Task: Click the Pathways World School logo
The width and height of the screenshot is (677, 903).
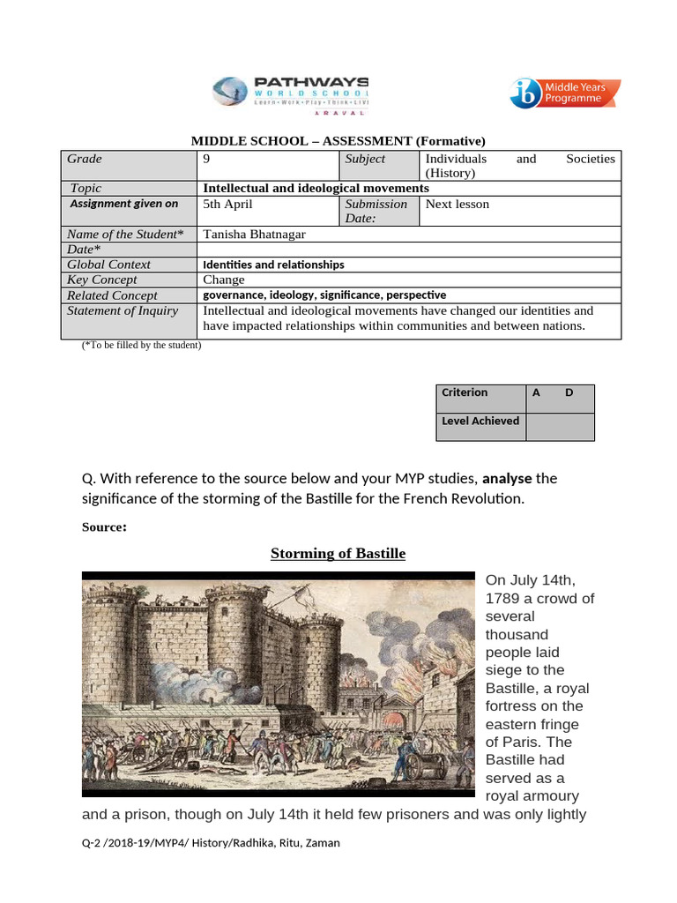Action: coord(291,93)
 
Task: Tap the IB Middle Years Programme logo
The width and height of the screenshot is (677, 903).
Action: coord(564,93)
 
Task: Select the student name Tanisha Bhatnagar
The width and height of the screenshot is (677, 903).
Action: coord(255,234)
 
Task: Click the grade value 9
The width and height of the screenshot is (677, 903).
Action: coord(207,159)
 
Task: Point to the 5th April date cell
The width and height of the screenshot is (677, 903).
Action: coord(227,204)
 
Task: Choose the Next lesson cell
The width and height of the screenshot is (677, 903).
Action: coord(457,204)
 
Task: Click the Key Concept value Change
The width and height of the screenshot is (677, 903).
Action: coord(223,280)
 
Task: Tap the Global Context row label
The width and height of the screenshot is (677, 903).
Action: coord(108,264)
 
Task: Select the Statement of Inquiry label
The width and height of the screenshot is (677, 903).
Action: coord(123,310)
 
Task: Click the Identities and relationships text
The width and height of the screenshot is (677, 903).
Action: coord(273,265)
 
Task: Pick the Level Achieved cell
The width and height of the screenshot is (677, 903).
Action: coord(480,421)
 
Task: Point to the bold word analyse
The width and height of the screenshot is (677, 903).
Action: coord(507,479)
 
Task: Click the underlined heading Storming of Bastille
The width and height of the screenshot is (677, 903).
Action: coord(338,554)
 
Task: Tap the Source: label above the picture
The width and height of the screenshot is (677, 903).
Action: coord(104,527)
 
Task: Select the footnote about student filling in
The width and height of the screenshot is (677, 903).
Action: coord(141,345)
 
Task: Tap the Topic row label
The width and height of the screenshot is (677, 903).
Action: coord(86,188)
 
